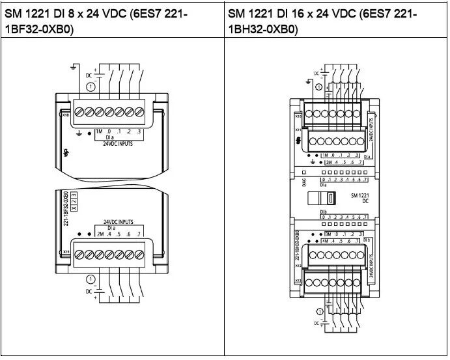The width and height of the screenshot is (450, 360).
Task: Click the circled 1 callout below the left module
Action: click(91, 280)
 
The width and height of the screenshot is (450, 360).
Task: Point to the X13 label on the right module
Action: click(298, 280)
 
